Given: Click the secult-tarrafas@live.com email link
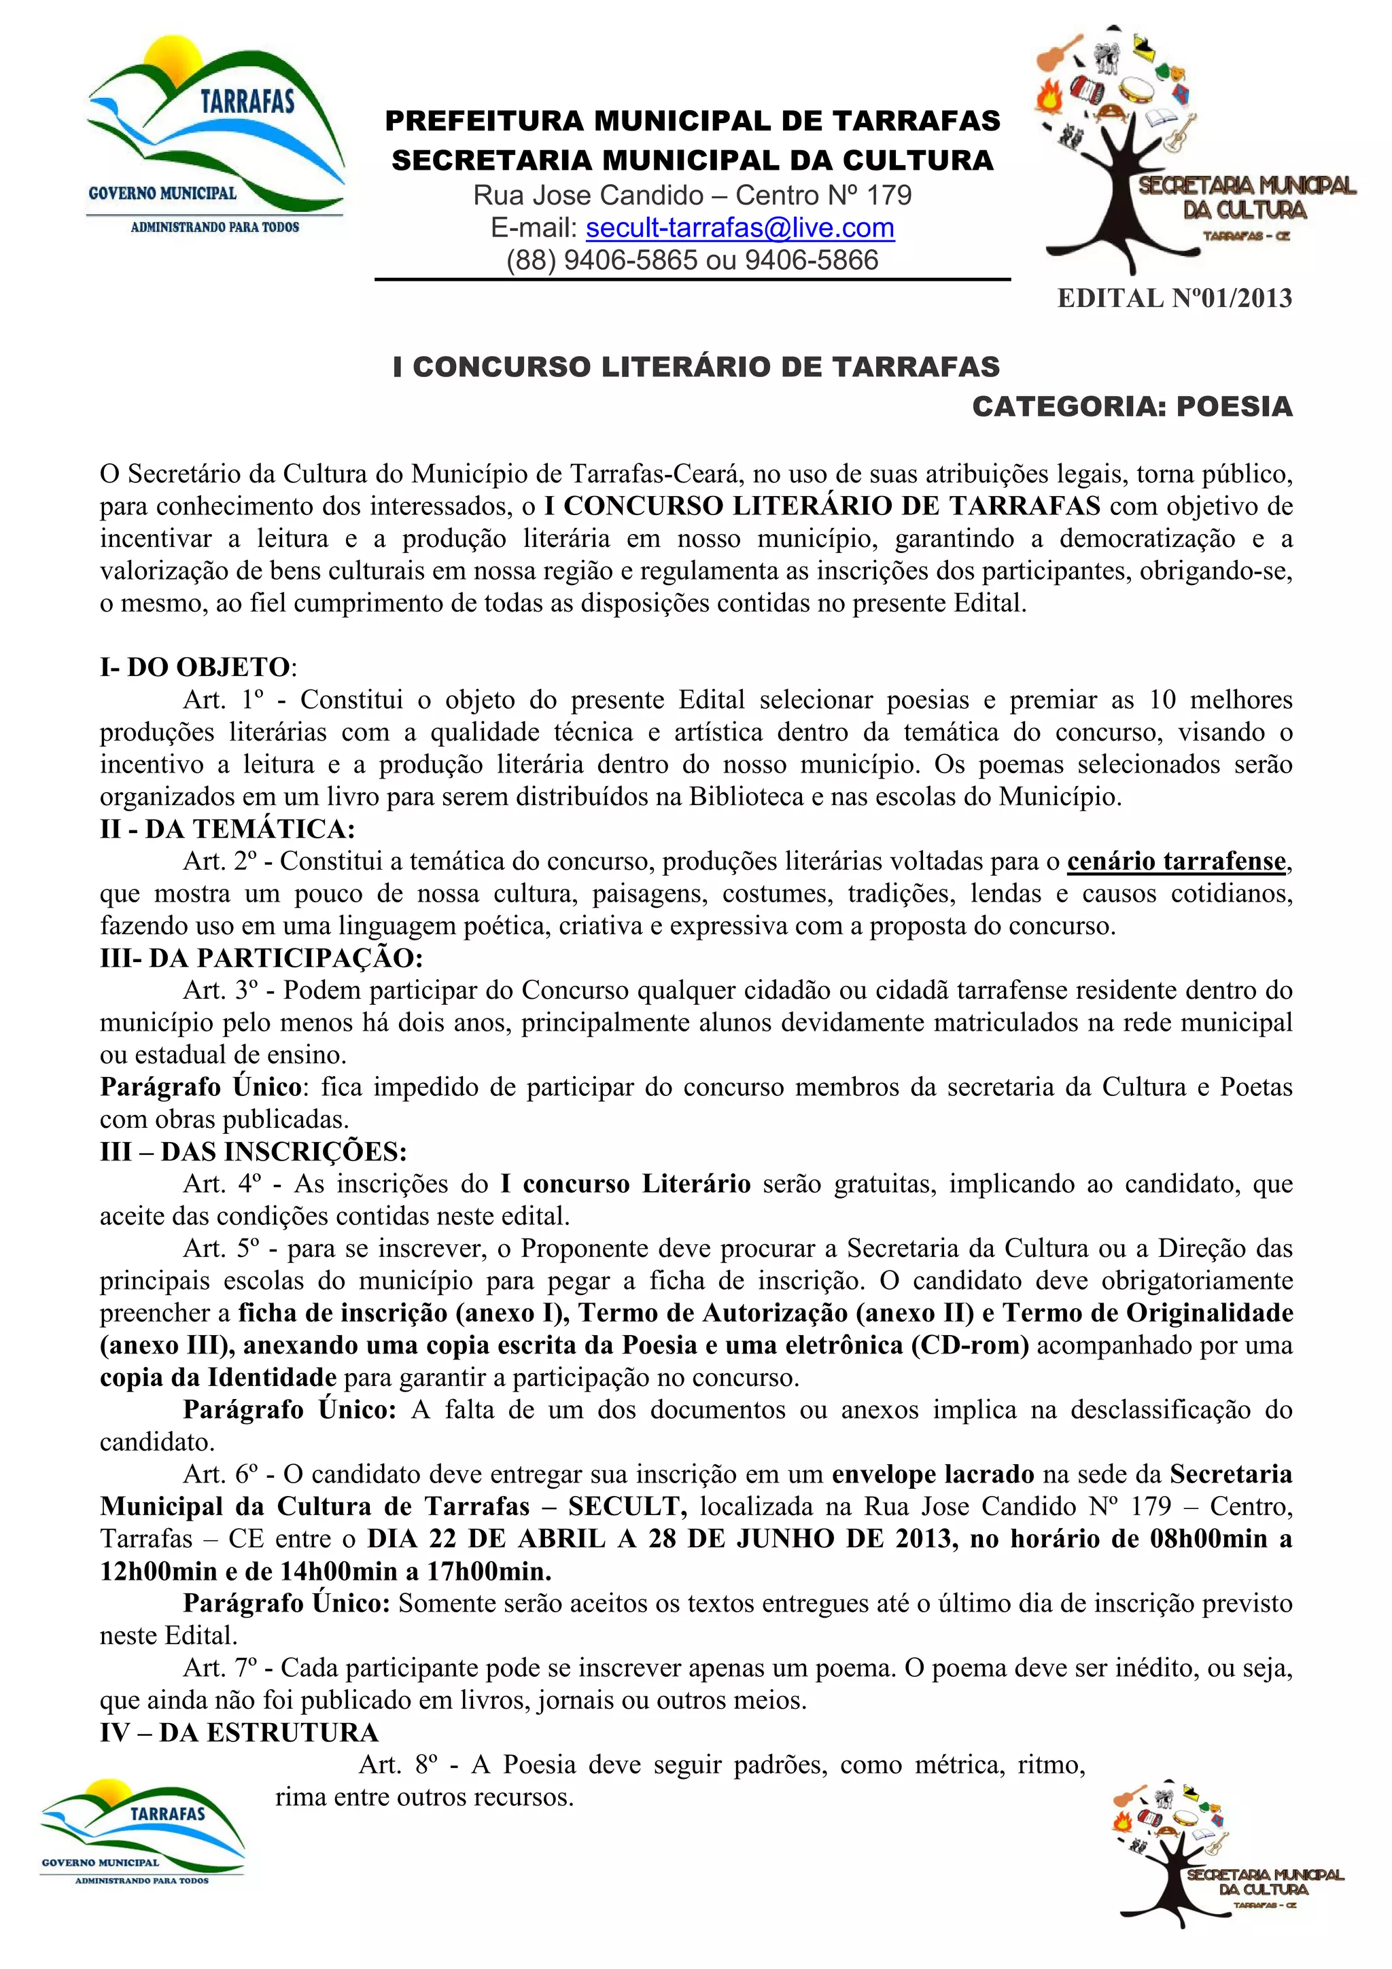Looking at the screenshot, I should [x=739, y=228].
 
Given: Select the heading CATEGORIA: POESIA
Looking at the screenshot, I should [x=1132, y=406].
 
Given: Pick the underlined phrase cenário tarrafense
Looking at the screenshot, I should [x=1176, y=861].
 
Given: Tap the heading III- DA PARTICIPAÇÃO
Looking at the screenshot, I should [x=262, y=958].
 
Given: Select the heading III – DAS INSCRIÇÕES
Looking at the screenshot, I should [x=253, y=1152].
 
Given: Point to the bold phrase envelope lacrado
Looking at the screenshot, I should [x=933, y=1474].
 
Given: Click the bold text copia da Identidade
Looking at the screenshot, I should [x=218, y=1377].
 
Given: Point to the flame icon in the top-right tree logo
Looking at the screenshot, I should [x=1050, y=96].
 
